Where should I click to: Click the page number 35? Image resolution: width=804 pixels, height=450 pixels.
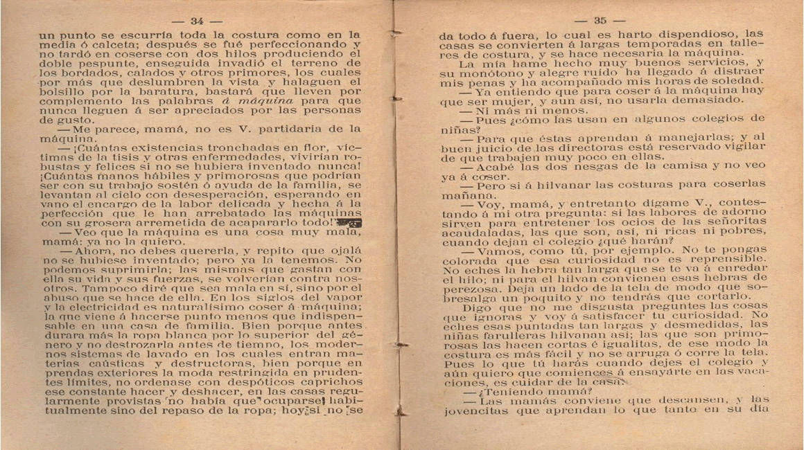(x=600, y=21)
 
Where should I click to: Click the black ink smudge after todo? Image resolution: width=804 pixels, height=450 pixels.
(x=348, y=222)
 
